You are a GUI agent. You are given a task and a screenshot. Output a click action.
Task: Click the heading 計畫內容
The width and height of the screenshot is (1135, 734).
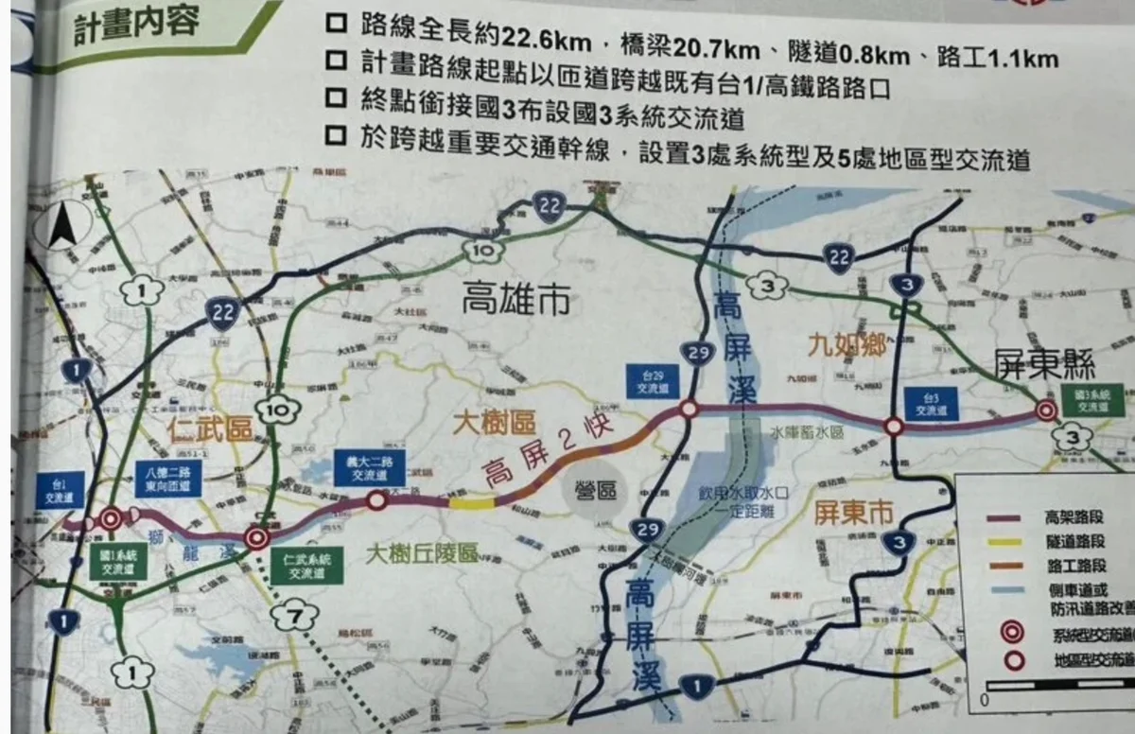click(138, 24)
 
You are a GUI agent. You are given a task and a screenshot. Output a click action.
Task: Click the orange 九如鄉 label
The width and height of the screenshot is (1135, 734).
click(847, 346)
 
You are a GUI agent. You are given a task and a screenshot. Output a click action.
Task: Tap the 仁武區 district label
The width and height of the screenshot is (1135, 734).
click(211, 429)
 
